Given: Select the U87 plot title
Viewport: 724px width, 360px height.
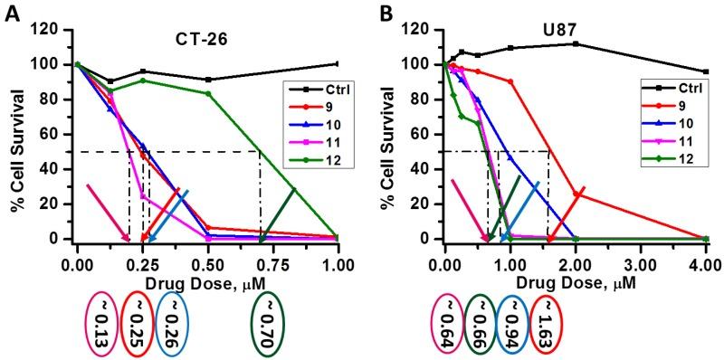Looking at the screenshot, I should coord(567,41).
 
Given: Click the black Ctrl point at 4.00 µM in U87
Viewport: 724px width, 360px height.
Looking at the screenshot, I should coord(706,71).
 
